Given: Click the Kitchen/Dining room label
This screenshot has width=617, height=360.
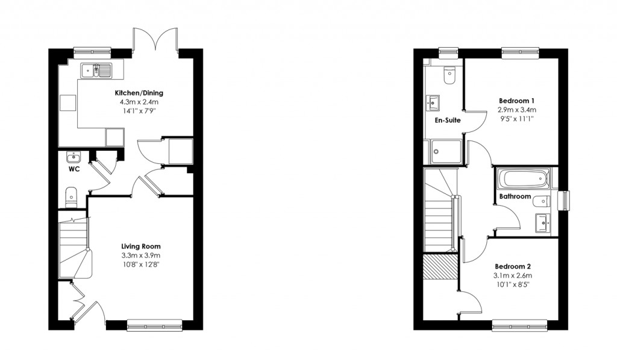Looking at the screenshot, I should [x=139, y=93].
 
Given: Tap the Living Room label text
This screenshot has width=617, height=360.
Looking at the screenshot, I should [x=141, y=247].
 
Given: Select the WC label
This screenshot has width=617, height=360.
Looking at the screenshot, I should [x=74, y=169].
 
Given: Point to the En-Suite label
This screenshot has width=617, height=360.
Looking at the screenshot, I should [x=448, y=121].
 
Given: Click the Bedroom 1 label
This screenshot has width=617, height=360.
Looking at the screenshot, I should [x=516, y=100].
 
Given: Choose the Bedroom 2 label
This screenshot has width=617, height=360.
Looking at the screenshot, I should [x=513, y=267].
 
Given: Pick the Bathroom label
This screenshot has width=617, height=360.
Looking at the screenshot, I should [x=515, y=197].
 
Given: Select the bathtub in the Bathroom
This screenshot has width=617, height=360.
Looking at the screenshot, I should [x=523, y=179].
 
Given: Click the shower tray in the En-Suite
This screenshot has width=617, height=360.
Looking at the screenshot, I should [x=445, y=151].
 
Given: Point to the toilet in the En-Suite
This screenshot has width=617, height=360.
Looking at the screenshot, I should [x=449, y=75].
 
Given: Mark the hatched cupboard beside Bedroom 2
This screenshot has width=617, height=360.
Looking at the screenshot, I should [x=440, y=267].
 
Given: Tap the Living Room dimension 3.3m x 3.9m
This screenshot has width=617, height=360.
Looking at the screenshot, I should [x=141, y=256].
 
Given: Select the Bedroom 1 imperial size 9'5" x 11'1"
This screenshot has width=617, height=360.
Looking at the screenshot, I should [x=516, y=119].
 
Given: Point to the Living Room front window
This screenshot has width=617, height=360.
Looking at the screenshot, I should [x=155, y=325].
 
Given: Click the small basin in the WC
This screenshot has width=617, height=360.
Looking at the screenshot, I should [x=74, y=157].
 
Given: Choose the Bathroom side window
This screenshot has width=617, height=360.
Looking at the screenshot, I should [x=564, y=201].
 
